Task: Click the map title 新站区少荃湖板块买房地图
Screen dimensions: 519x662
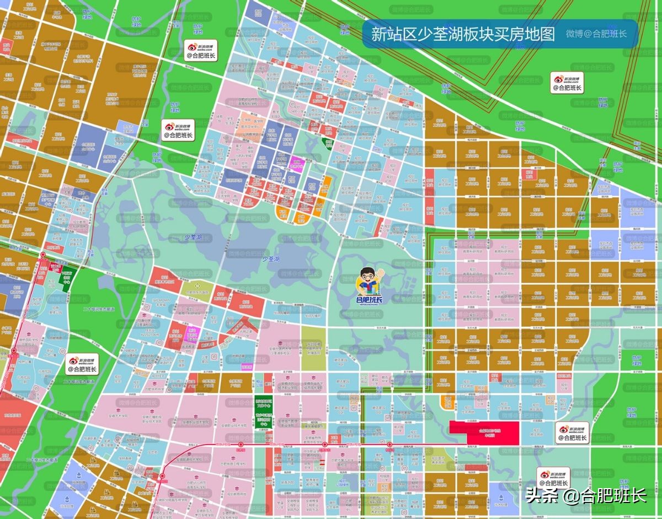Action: point(462,34)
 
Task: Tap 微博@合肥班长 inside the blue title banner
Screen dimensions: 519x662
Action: point(596,34)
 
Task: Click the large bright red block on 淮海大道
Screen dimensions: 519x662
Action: point(484,432)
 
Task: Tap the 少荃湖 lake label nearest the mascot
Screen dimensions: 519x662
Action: point(271,259)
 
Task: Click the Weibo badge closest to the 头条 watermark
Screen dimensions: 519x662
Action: point(554,478)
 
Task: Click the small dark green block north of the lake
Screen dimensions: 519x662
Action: point(328,144)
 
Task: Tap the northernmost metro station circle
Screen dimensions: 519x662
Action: point(43,255)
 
